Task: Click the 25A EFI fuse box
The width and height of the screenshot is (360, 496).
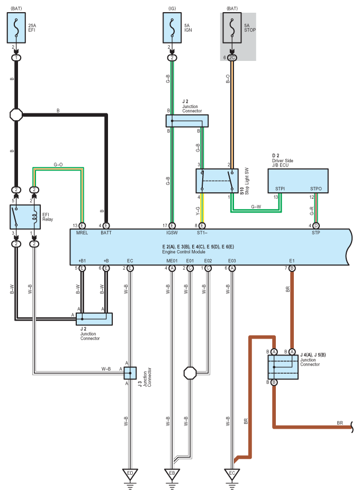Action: (x=16, y=28)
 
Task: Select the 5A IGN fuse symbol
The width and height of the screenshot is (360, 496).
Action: (x=172, y=28)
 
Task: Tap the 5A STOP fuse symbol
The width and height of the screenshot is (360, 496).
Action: (x=232, y=28)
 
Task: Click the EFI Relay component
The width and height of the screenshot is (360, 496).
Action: (x=25, y=217)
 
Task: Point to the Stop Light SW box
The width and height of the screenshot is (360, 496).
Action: (x=217, y=181)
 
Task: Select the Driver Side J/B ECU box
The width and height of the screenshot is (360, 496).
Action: (x=298, y=181)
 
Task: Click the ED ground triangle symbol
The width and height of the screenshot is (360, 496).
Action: (x=130, y=474)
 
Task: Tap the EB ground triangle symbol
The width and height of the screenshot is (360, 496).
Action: (x=172, y=474)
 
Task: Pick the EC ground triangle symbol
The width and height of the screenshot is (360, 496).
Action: (x=232, y=474)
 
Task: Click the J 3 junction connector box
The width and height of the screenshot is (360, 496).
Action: (x=130, y=373)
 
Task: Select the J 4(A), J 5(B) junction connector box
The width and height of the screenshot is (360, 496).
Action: (x=283, y=367)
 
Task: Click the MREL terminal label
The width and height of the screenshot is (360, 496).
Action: (x=82, y=233)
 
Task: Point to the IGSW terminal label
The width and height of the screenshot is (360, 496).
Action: (x=172, y=233)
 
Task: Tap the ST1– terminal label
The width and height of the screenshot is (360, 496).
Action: (x=202, y=233)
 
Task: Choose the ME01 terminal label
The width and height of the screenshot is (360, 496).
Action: (x=172, y=261)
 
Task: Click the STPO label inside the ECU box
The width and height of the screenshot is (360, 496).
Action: (x=316, y=189)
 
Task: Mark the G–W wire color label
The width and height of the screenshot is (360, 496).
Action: (x=256, y=207)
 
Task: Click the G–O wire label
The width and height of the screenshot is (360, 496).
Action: (x=58, y=164)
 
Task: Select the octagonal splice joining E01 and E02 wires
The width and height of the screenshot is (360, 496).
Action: (x=190, y=373)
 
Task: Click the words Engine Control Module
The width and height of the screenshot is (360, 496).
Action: (x=184, y=252)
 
